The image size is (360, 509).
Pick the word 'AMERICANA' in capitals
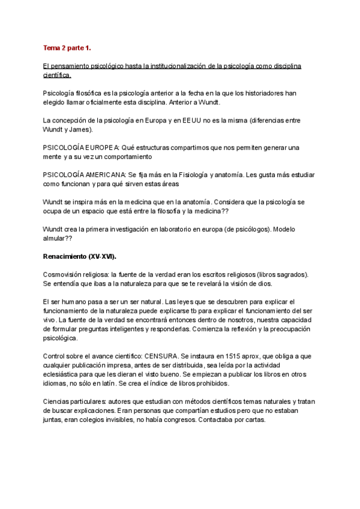point(106,173)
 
